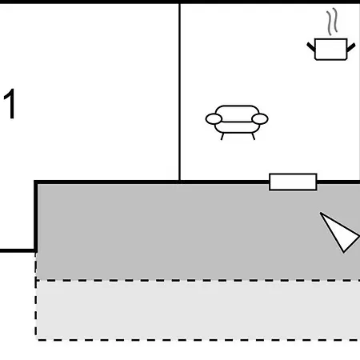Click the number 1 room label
point(10,104)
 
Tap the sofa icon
point(237,122)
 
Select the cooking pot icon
point(331,49)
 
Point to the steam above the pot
point(332,22)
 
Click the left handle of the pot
point(311,47)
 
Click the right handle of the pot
point(351,47)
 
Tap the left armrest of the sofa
point(214,119)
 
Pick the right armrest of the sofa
point(260,119)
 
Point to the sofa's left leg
point(222,136)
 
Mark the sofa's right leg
point(254,136)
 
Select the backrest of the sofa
point(237,113)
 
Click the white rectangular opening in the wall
point(293,182)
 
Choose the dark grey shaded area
point(198,231)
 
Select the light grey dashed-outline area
point(198,310)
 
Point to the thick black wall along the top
point(180,2)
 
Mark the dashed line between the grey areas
point(198,280)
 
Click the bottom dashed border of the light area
point(198,340)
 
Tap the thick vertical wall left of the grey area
point(35,216)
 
